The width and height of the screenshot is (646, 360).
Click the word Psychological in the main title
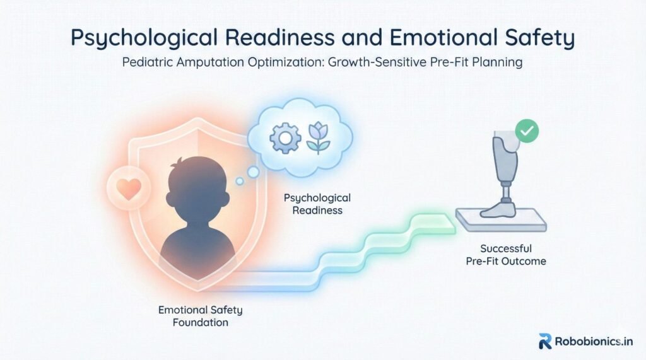coord(144,37)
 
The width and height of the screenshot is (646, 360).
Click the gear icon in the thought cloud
coord(285,138)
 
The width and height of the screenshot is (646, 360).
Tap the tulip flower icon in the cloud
coord(318,138)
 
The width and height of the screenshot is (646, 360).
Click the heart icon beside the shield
coord(129,189)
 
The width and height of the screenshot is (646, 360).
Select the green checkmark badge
coord(527,131)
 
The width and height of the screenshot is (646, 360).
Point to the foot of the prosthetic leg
coord(498,209)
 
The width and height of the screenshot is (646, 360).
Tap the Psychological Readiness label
coord(317,204)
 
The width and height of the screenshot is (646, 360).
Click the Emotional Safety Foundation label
coord(200,316)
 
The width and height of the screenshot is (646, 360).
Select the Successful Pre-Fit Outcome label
coord(506,255)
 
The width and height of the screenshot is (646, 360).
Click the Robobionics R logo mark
coord(545,342)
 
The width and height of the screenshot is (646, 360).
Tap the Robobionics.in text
coord(594,342)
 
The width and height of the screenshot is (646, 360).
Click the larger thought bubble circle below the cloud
coord(253,171)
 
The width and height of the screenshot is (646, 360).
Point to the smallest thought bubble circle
coord(239,181)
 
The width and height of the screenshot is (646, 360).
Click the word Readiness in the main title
coord(279,37)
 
